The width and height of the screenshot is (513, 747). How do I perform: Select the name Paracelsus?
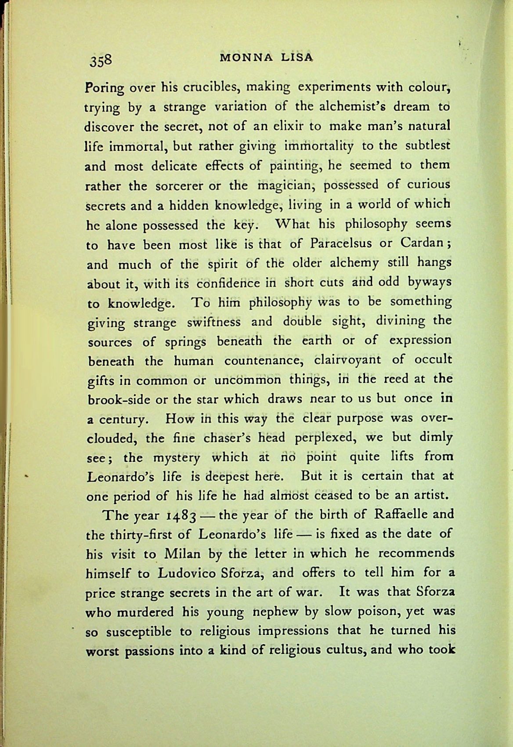click(341, 243)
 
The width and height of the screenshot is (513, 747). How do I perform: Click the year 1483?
click(185, 516)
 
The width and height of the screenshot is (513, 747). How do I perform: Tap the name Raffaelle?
click(399, 514)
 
